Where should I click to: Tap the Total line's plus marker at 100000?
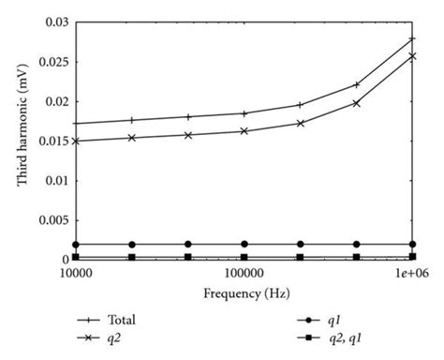[244, 113]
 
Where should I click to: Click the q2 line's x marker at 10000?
[75, 142]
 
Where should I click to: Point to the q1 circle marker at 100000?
[244, 245]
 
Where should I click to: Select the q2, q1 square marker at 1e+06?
[412, 256]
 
